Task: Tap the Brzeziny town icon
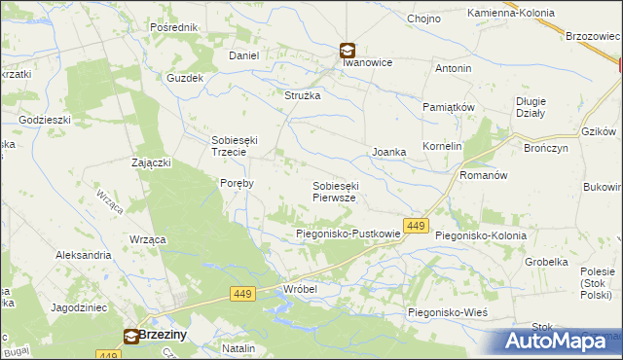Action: (x=131, y=337)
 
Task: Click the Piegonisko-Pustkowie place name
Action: (x=348, y=234)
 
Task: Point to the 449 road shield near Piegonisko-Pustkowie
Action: (x=416, y=226)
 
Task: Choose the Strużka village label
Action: (x=302, y=95)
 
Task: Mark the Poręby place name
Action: (x=238, y=182)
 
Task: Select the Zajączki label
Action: (x=151, y=162)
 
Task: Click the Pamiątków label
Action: (x=448, y=106)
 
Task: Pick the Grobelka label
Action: (x=546, y=262)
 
